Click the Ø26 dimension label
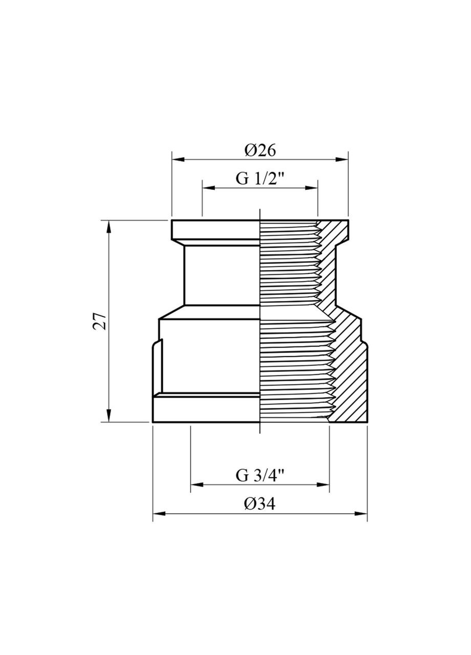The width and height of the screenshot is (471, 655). [x=260, y=150]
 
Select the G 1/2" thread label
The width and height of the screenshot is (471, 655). [x=260, y=179]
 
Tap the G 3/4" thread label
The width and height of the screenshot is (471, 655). [x=260, y=475]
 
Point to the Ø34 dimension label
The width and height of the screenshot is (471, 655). [x=260, y=504]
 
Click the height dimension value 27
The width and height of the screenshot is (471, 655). [x=101, y=321]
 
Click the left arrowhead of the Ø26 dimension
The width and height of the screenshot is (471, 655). [x=177, y=160]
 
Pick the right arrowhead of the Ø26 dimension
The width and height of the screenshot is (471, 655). [x=342, y=160]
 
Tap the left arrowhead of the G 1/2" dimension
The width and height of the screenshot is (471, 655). [x=208, y=188]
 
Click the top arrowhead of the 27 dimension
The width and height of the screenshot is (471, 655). [x=109, y=226]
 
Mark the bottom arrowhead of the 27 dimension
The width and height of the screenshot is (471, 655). [x=109, y=417]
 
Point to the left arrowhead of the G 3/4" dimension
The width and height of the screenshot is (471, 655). [x=196, y=484]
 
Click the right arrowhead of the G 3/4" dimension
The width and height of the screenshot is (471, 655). [x=324, y=484]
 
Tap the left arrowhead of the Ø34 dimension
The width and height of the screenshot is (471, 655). [x=158, y=513]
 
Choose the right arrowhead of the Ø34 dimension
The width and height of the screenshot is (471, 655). [x=362, y=513]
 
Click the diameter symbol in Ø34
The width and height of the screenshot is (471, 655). [x=250, y=504]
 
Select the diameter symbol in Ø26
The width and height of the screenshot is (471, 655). [x=250, y=150]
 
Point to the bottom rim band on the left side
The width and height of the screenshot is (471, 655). [x=205, y=409]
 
